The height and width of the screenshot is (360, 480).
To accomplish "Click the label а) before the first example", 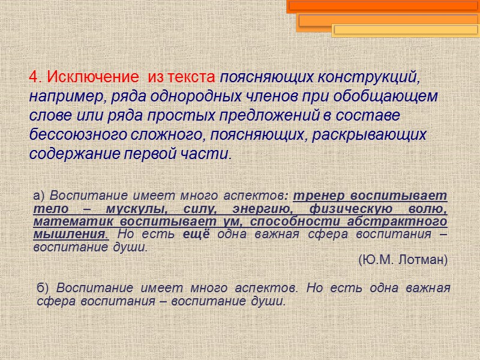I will pos(40,197).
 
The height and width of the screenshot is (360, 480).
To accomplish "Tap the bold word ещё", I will pos(196,234).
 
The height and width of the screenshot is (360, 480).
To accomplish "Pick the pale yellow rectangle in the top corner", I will pos(406,30).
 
